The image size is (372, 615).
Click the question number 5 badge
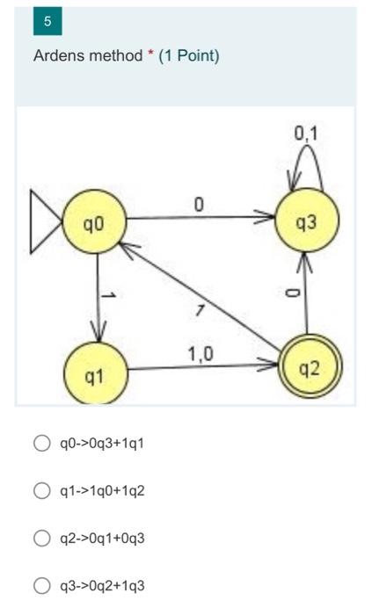coord(47,21)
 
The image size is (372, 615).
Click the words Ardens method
coord(87,56)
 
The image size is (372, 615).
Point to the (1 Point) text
coord(189,56)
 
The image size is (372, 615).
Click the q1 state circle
coord(95,375)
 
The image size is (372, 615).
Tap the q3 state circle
coord(306,222)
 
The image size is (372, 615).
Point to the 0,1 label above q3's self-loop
coord(307,134)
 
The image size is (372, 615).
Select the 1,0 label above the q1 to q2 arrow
coord(200,354)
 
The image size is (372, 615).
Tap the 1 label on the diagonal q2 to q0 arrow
coord(201,309)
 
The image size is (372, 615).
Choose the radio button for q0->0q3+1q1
coord(41,443)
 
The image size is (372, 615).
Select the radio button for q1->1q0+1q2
coord(41,490)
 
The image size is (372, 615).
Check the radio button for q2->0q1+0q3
coord(41,538)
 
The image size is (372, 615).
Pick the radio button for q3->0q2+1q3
coord(41,586)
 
